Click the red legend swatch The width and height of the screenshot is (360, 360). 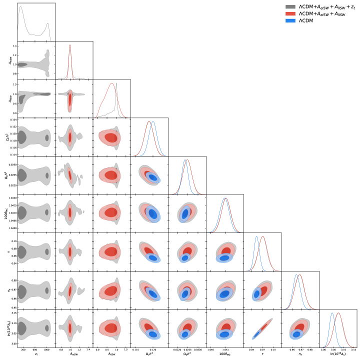coord(290,14)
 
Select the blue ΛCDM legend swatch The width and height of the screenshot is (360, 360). coord(290,21)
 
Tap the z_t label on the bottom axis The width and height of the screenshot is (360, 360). coord(36,354)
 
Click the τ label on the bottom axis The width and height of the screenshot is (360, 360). coord(262,354)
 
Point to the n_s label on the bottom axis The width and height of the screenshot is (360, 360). coord(300,354)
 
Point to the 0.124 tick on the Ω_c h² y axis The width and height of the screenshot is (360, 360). coord(13,120)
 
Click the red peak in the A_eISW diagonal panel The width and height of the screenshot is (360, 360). coord(70,45)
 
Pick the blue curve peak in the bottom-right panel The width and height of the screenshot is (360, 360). coord(332,313)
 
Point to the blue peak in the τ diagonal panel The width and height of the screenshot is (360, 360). coord(257,237)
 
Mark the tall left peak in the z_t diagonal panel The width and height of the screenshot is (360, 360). coord(21,7)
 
